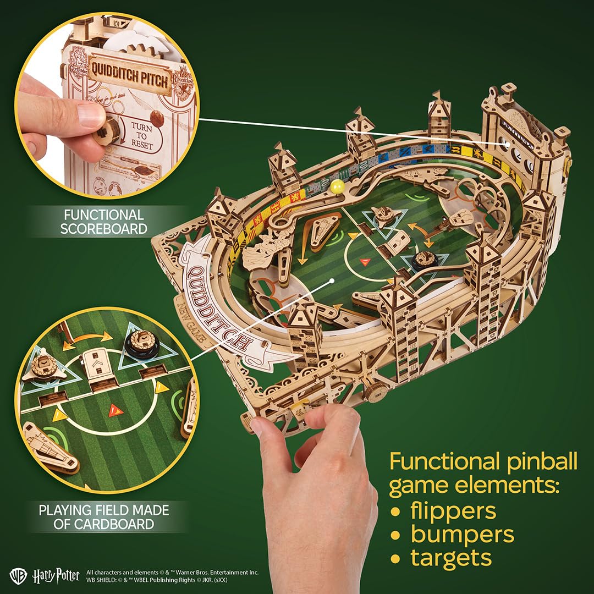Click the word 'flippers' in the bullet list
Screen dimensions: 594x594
(x=453, y=510)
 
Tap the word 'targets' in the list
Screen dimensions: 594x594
(x=450, y=558)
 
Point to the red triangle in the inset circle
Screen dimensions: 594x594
(x=115, y=410)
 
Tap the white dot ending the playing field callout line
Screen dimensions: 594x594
(x=332, y=280)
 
